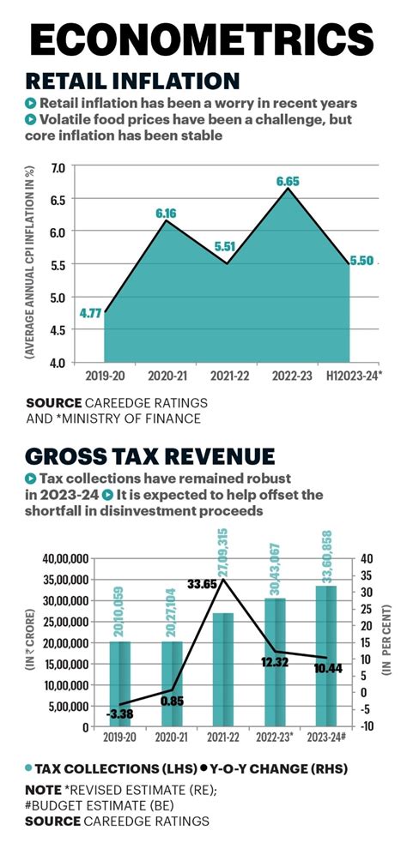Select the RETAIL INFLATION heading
[x=133, y=81]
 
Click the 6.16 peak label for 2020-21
[x=166, y=212]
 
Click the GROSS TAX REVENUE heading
[x=150, y=455]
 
